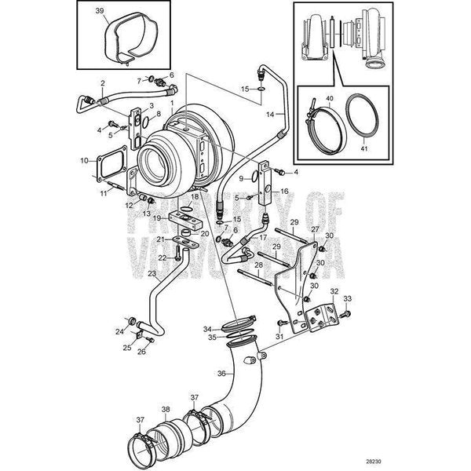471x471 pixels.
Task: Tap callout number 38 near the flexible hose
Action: pos(165,408)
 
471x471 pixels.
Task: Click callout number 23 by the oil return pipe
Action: pos(152,275)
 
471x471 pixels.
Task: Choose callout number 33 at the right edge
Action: pos(348,298)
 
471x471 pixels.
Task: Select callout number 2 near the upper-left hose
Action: pos(101,82)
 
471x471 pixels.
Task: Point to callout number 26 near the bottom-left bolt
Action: pos(141,351)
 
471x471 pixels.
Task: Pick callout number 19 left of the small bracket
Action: pos(157,217)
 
